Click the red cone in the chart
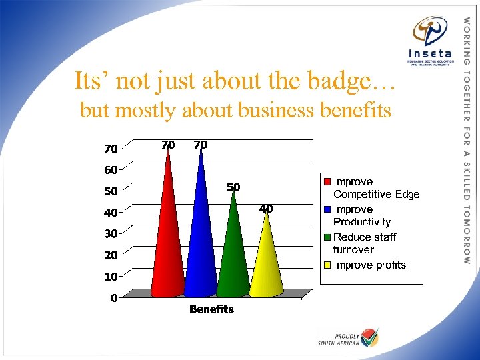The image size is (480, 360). click(x=167, y=240)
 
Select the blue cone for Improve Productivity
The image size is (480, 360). click(x=200, y=240)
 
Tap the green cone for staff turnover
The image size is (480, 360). click(x=233, y=253)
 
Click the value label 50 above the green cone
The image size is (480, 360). click(x=233, y=187)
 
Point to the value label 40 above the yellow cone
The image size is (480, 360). click(x=265, y=209)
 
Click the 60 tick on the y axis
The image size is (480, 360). click(x=110, y=170)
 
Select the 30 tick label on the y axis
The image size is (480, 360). click(x=110, y=234)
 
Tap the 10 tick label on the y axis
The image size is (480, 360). click(x=110, y=276)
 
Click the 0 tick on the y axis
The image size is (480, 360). click(x=114, y=298)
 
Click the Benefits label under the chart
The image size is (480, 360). click(x=211, y=309)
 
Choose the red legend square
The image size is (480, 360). click(x=327, y=181)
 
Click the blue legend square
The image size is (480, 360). click(x=327, y=209)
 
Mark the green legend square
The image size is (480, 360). click(x=327, y=237)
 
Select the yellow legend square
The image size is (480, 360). click(x=327, y=265)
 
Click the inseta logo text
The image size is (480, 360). click(x=430, y=53)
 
